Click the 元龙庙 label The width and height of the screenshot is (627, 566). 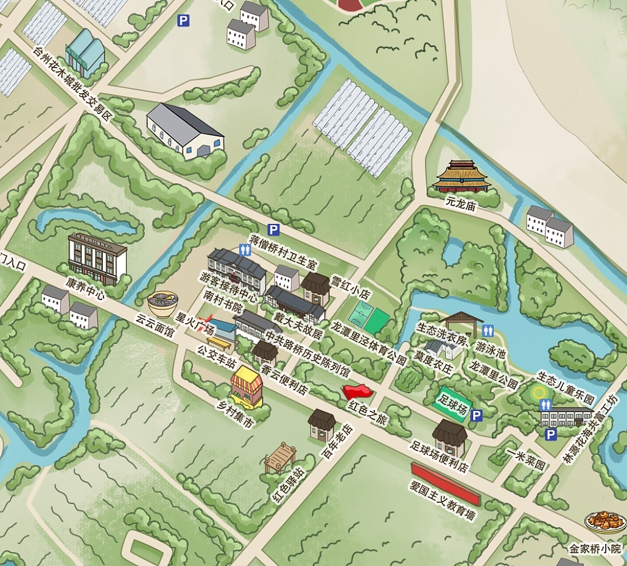point(460,204)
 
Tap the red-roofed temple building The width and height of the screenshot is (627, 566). point(461,176)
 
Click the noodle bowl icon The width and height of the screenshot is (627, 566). point(163,303)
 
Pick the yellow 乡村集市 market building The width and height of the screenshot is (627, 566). point(247,386)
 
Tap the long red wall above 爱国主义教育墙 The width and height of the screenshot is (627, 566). point(446,483)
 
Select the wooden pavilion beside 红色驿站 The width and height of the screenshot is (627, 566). point(280,457)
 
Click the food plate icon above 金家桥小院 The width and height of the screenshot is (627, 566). point(605,522)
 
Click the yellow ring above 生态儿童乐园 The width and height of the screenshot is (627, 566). point(539,392)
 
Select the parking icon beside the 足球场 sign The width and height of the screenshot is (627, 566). point(477,416)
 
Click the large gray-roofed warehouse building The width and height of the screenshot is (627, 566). point(184,130)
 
